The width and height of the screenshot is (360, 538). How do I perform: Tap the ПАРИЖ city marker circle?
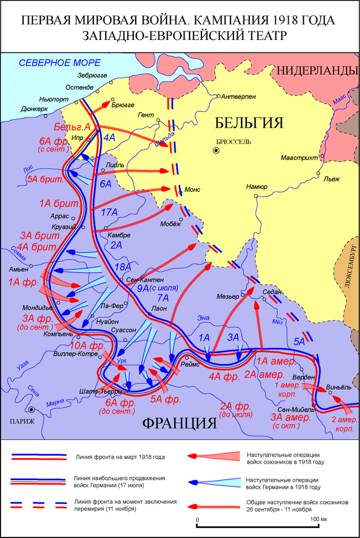(33, 410)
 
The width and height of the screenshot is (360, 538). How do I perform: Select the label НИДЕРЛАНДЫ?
(317, 70)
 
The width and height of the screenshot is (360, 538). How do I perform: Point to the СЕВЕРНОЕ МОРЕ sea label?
(60, 62)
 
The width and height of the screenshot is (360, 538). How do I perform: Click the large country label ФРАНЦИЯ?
(179, 423)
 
